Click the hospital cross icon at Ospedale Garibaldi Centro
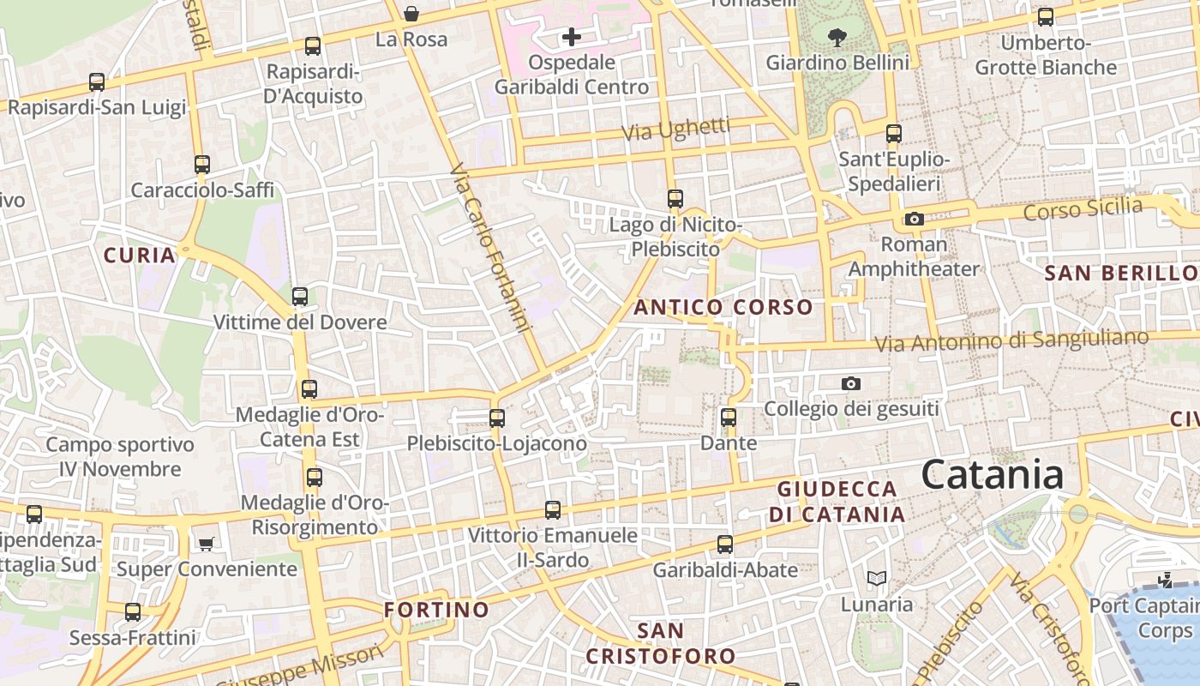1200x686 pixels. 572,37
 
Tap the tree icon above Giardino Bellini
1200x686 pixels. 837,37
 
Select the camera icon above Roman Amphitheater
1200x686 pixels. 915,220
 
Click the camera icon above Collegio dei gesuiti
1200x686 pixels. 850,383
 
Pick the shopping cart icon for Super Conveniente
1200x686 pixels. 206,544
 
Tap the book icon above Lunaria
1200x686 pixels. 876,579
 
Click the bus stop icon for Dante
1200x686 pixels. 729,418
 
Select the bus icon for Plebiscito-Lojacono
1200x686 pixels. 497,418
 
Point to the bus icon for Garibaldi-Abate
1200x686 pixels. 725,545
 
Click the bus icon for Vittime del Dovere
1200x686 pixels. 300,297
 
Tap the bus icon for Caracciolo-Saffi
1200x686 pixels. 202,164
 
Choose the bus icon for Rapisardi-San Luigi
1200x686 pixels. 97,82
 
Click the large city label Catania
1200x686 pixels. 993,475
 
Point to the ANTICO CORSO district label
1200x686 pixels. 723,307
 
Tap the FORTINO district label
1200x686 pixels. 436,610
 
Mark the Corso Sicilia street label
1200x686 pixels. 1083,208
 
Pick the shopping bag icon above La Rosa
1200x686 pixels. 411,14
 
